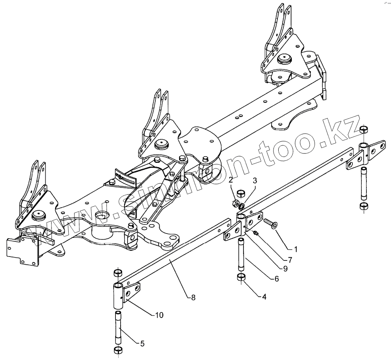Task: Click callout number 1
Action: [295, 248]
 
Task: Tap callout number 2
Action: [231, 180]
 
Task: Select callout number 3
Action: [254, 181]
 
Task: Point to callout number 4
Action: [264, 297]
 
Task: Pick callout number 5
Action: [142, 344]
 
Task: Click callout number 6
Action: [276, 279]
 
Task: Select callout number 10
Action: [149, 314]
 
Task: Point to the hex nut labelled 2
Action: [236, 203]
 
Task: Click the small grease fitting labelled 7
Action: [256, 233]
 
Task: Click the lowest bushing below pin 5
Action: [118, 350]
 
